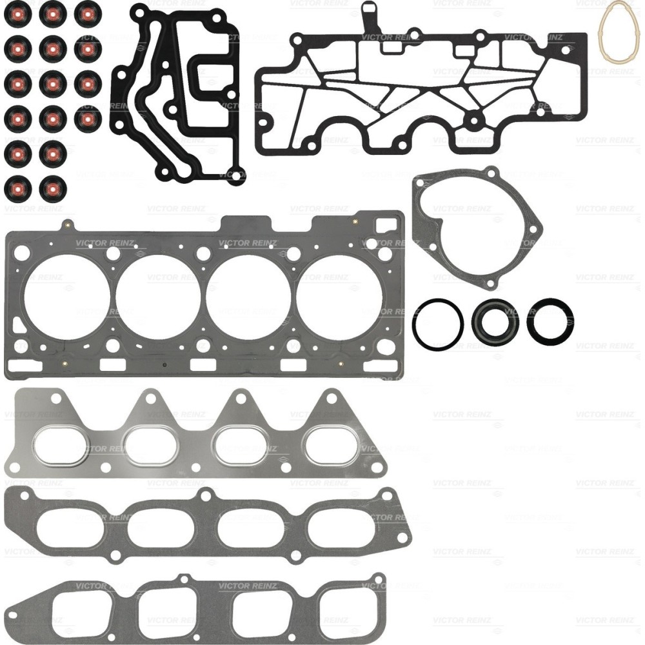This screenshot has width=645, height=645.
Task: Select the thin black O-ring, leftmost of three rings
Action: (x=414, y=323)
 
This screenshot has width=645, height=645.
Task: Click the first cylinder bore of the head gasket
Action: (x=68, y=297)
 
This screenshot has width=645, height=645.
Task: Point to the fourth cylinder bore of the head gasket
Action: (x=339, y=297)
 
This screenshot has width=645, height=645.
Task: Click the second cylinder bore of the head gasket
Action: (x=158, y=297)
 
